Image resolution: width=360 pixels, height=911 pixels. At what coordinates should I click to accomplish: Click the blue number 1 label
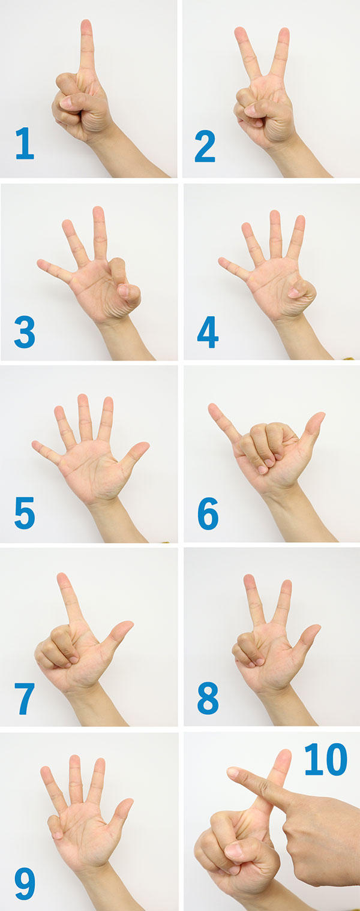pos(25,143)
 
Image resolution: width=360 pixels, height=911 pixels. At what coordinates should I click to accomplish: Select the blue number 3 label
pos(25,332)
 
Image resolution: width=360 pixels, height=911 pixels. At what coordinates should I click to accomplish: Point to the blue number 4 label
pos(208,332)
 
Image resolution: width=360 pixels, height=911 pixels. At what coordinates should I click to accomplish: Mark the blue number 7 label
pos(25,699)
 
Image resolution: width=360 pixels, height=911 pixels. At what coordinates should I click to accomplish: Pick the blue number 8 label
pos(208,699)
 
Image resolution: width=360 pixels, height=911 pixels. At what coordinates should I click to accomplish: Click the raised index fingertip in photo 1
pos(86,23)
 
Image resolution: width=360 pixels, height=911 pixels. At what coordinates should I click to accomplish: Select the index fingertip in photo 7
pos(62,577)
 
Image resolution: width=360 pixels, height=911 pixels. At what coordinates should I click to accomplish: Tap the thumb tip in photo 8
pos(315,629)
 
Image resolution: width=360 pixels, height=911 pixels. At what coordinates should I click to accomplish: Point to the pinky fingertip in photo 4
pos(222,260)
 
